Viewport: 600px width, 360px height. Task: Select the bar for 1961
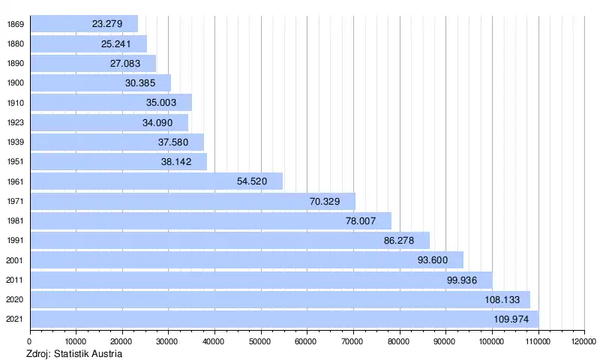[156, 181]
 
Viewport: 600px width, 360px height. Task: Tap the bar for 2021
[284, 319]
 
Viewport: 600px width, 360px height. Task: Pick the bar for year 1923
[109, 122]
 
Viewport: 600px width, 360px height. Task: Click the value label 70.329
[325, 201]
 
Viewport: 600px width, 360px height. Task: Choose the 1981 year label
[15, 220]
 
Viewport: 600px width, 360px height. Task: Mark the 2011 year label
[15, 280]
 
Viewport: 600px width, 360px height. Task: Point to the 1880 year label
[15, 43]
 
